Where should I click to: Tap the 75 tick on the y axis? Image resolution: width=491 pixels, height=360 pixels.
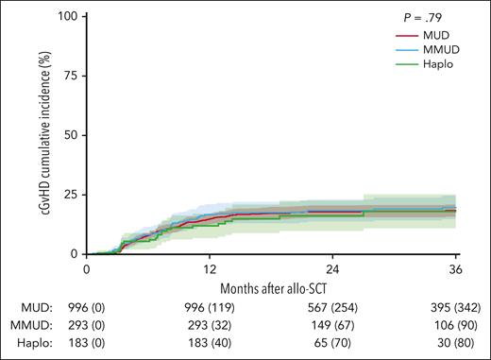(70, 77)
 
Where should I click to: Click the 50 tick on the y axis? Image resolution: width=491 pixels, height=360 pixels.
(70, 136)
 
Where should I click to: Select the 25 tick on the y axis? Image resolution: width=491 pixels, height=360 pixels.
(70, 195)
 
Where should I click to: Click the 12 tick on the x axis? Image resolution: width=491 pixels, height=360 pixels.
(210, 268)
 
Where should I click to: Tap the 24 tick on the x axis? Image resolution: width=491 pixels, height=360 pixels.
(333, 268)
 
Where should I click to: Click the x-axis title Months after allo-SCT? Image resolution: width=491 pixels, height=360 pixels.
(271, 286)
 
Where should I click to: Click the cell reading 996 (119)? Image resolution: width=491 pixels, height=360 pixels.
(210, 309)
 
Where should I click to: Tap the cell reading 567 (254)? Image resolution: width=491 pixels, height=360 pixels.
(333, 309)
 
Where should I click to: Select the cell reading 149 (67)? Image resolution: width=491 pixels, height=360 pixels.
(333, 326)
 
